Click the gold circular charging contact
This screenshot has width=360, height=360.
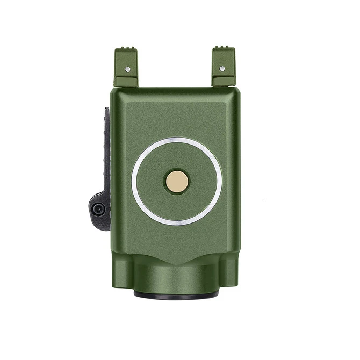(176, 181)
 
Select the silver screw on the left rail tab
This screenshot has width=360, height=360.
(127, 69)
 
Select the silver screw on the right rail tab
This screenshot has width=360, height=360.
(222, 68)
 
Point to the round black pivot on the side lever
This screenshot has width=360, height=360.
(97, 209)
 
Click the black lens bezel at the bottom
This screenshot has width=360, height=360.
(176, 294)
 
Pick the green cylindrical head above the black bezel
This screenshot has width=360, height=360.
(176, 277)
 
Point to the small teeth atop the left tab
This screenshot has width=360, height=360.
(126, 49)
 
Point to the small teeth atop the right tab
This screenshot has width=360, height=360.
(224, 49)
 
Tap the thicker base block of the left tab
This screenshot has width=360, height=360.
(126, 81)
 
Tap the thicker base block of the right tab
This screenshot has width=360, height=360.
(224, 81)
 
